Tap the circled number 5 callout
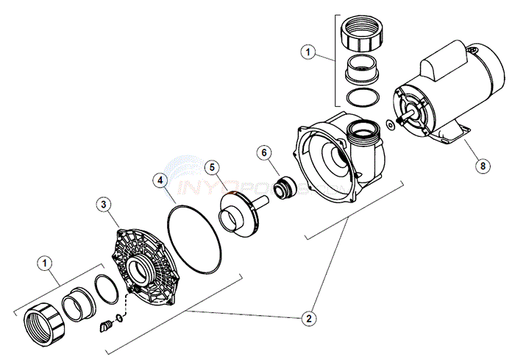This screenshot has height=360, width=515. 211,167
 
